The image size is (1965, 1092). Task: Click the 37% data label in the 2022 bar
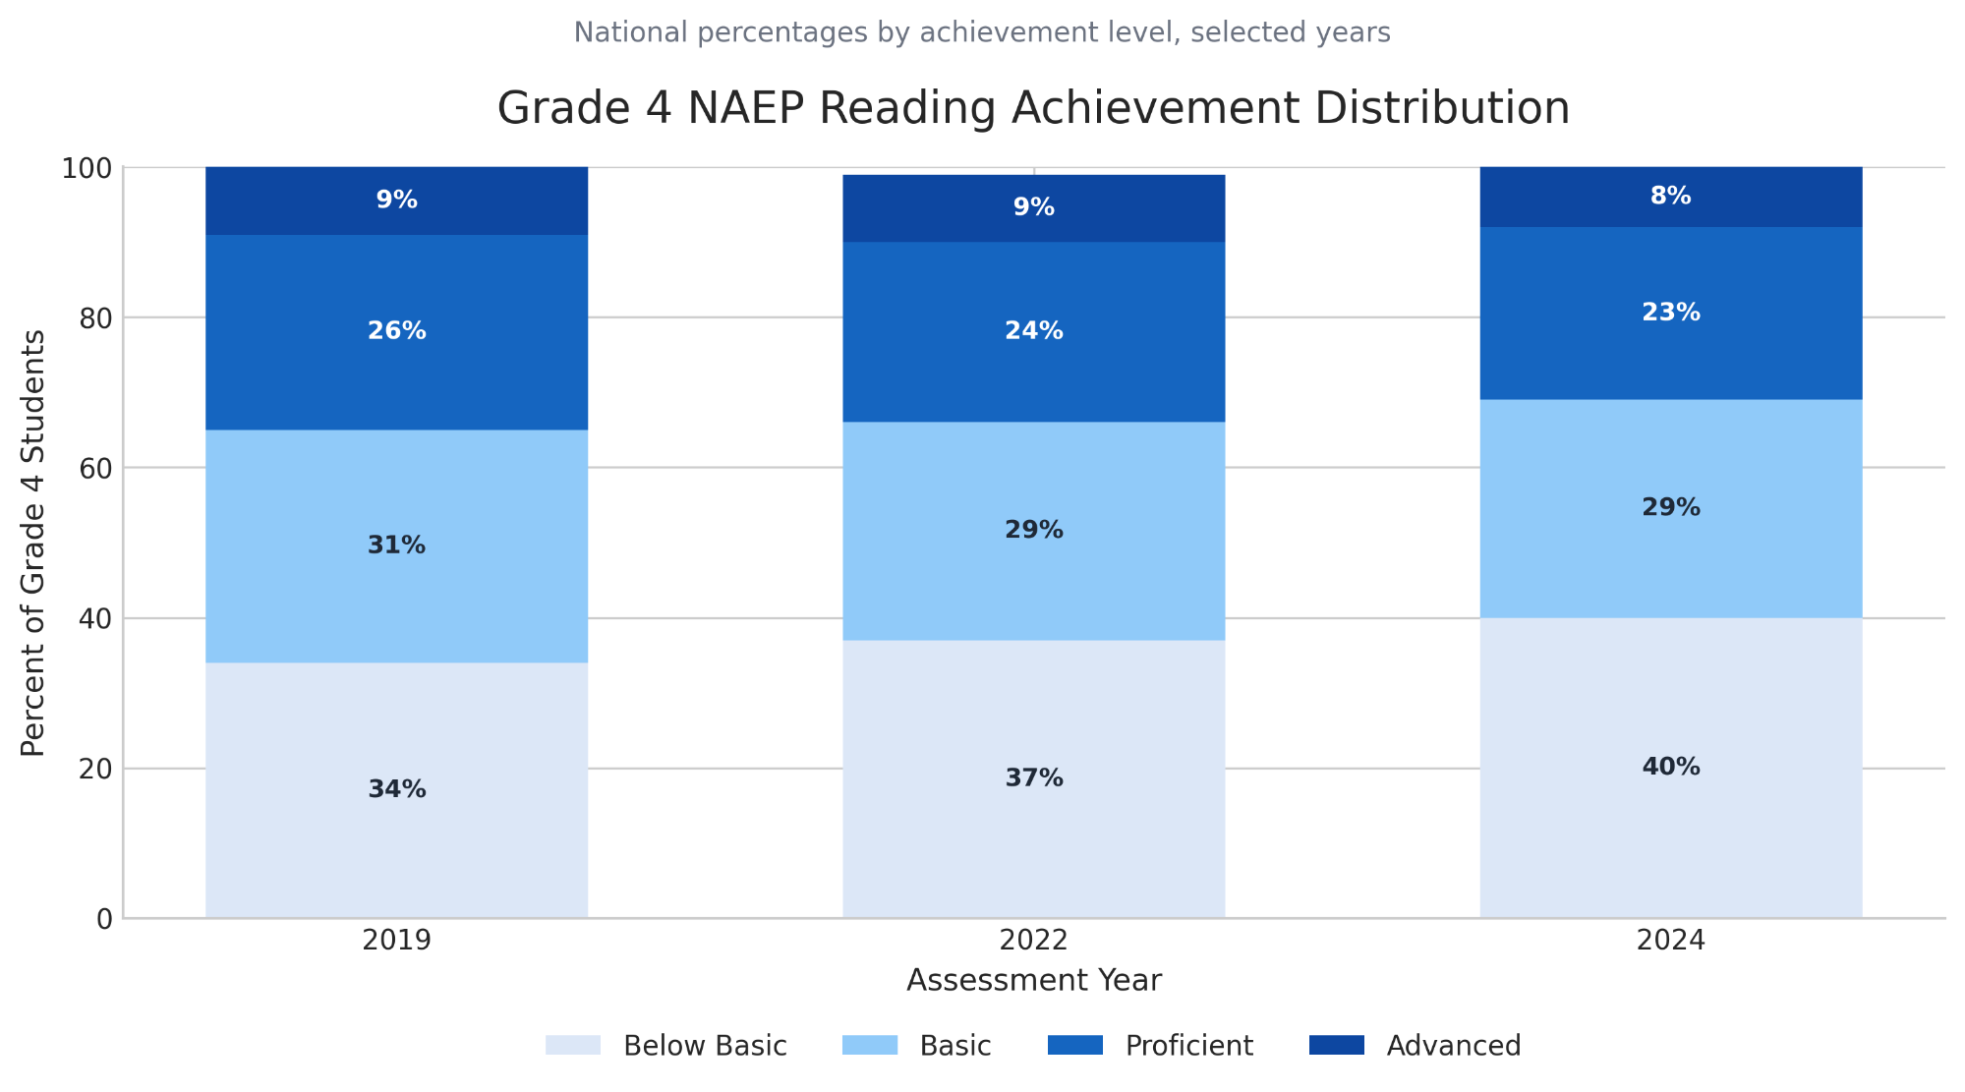tap(1033, 778)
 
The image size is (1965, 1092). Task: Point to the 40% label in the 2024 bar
tap(1670, 767)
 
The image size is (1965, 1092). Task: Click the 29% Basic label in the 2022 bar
tap(1033, 530)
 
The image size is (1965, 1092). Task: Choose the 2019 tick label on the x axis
tap(396, 941)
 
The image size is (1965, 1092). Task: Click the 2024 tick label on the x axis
tap(1670, 941)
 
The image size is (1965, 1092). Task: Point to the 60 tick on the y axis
tap(96, 469)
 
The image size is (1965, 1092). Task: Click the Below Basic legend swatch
tap(573, 1045)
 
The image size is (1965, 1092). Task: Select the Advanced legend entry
tap(1453, 1045)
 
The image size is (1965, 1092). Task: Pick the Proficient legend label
tap(1188, 1045)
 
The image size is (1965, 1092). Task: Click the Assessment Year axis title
tap(1033, 980)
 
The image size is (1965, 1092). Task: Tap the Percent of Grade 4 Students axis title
tap(33, 543)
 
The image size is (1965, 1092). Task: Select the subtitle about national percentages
tap(982, 32)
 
